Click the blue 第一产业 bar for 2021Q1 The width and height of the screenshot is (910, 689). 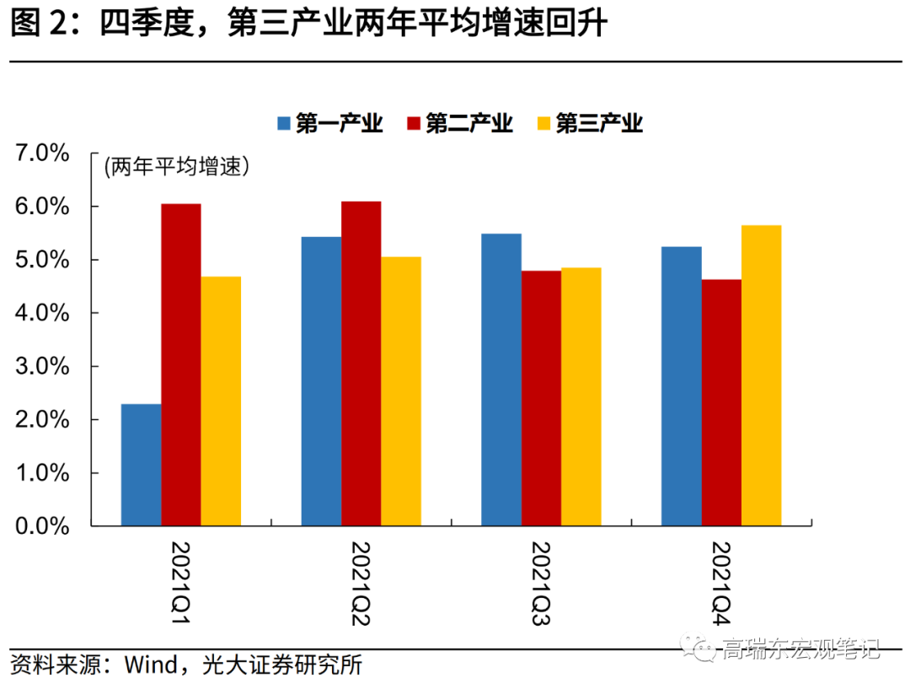[141, 465]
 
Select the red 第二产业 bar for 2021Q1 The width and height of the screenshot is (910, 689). [181, 365]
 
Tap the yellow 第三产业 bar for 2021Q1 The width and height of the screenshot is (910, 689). [221, 401]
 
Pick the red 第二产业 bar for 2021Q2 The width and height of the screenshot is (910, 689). [361, 363]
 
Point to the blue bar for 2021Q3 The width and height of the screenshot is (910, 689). [501, 379]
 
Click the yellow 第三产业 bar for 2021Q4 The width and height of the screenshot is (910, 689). [761, 375]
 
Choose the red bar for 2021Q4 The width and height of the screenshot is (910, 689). [721, 403]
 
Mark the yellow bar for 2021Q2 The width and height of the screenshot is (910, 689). [400, 391]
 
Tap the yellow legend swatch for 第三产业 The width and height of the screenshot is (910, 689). [543, 124]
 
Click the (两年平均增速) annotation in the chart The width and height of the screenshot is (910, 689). [178, 167]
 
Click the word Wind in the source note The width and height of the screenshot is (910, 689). [151, 665]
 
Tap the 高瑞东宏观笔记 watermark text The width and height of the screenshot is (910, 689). [800, 649]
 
